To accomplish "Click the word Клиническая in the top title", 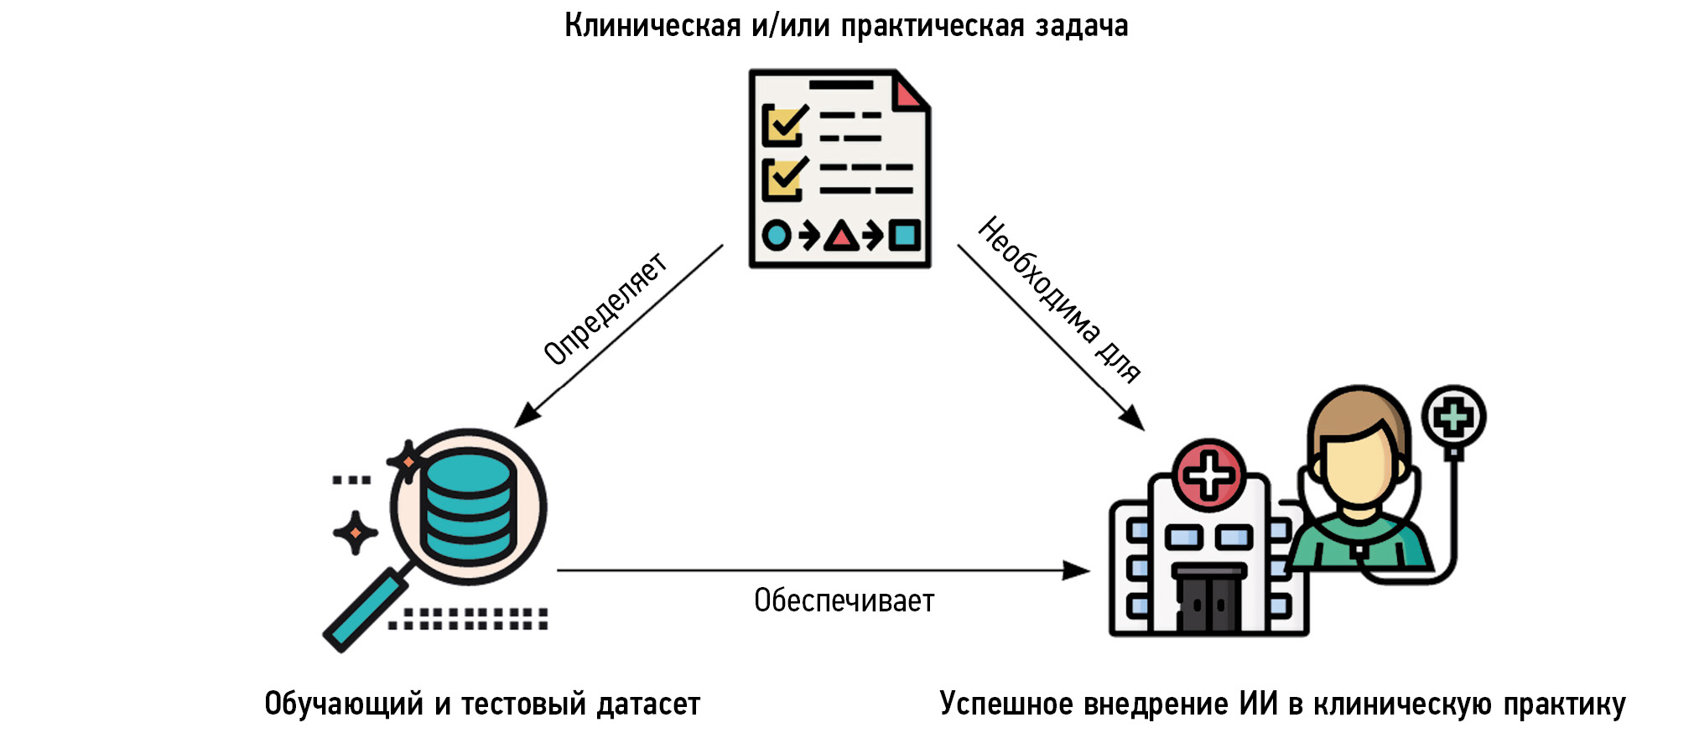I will point(652,26).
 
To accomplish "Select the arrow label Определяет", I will point(605,309).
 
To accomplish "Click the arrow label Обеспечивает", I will point(844,600).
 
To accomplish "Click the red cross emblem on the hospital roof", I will point(1208,475).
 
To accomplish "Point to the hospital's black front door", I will point(1208,602).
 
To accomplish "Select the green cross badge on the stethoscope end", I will point(1453,417).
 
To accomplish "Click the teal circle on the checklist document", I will point(777,236).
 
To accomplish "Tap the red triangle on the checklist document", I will point(841,237).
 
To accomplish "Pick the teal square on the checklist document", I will point(904,235).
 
